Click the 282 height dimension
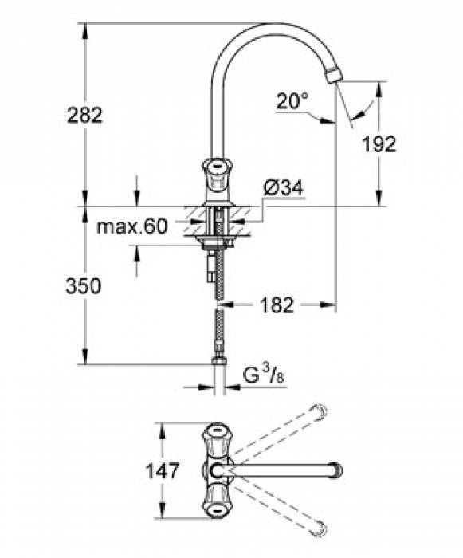[84, 115]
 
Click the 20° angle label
[292, 101]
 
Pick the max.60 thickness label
[132, 226]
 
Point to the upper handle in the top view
[216, 438]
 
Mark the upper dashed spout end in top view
[320, 412]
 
